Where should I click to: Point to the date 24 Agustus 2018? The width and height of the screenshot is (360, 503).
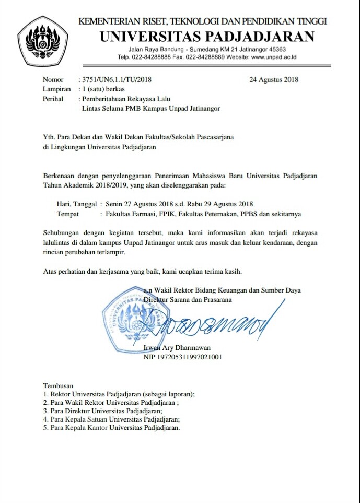coord(274,80)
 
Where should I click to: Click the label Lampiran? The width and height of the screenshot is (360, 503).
coord(57,89)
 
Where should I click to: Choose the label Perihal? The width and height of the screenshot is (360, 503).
coord(54,99)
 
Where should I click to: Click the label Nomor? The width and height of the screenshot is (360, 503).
coord(53,80)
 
